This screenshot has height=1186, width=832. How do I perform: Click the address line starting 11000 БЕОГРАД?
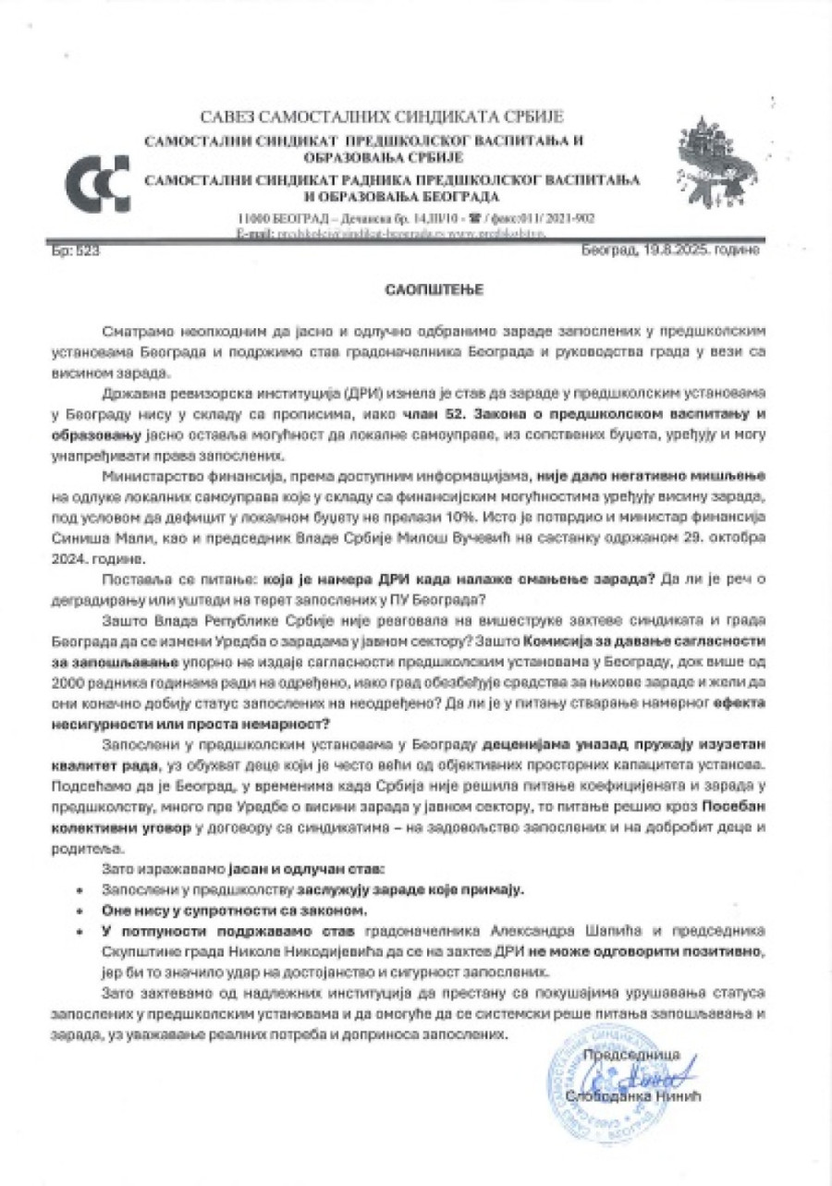pos(415,219)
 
